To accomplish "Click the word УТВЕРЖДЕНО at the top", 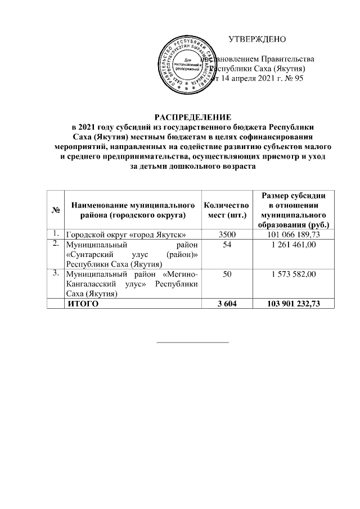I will pos(257,39).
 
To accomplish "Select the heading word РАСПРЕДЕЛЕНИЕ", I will pos(193,118).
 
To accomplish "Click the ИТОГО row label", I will pos(83,304).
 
